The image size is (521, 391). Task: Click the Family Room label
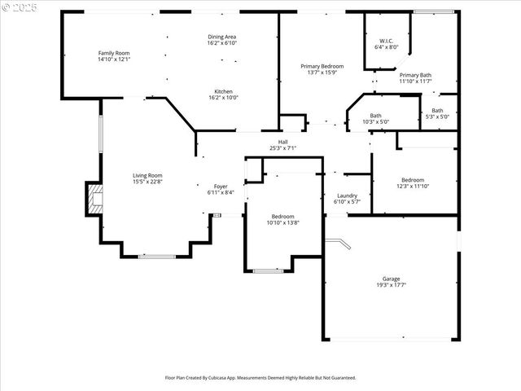coord(114,53)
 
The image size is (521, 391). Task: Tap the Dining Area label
coord(221,37)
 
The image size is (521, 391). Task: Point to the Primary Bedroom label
coord(322,66)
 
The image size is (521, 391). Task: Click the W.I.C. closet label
coord(387,41)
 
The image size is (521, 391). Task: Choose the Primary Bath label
coord(415,75)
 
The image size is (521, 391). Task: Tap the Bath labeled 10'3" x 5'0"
coord(375,118)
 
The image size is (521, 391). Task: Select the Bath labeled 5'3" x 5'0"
coord(437,113)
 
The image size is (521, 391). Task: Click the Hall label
coord(282,142)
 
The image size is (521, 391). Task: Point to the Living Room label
coord(148,175)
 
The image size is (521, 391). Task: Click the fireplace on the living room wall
coord(95,200)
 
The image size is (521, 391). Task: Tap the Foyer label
coord(221,187)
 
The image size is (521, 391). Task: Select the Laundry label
coord(348,195)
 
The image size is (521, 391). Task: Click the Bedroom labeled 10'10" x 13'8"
coord(282,219)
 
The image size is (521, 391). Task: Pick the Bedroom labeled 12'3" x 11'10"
coord(413,182)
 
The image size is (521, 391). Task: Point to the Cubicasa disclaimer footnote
coord(260,378)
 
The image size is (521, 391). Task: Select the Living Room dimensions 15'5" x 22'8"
coord(148,182)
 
